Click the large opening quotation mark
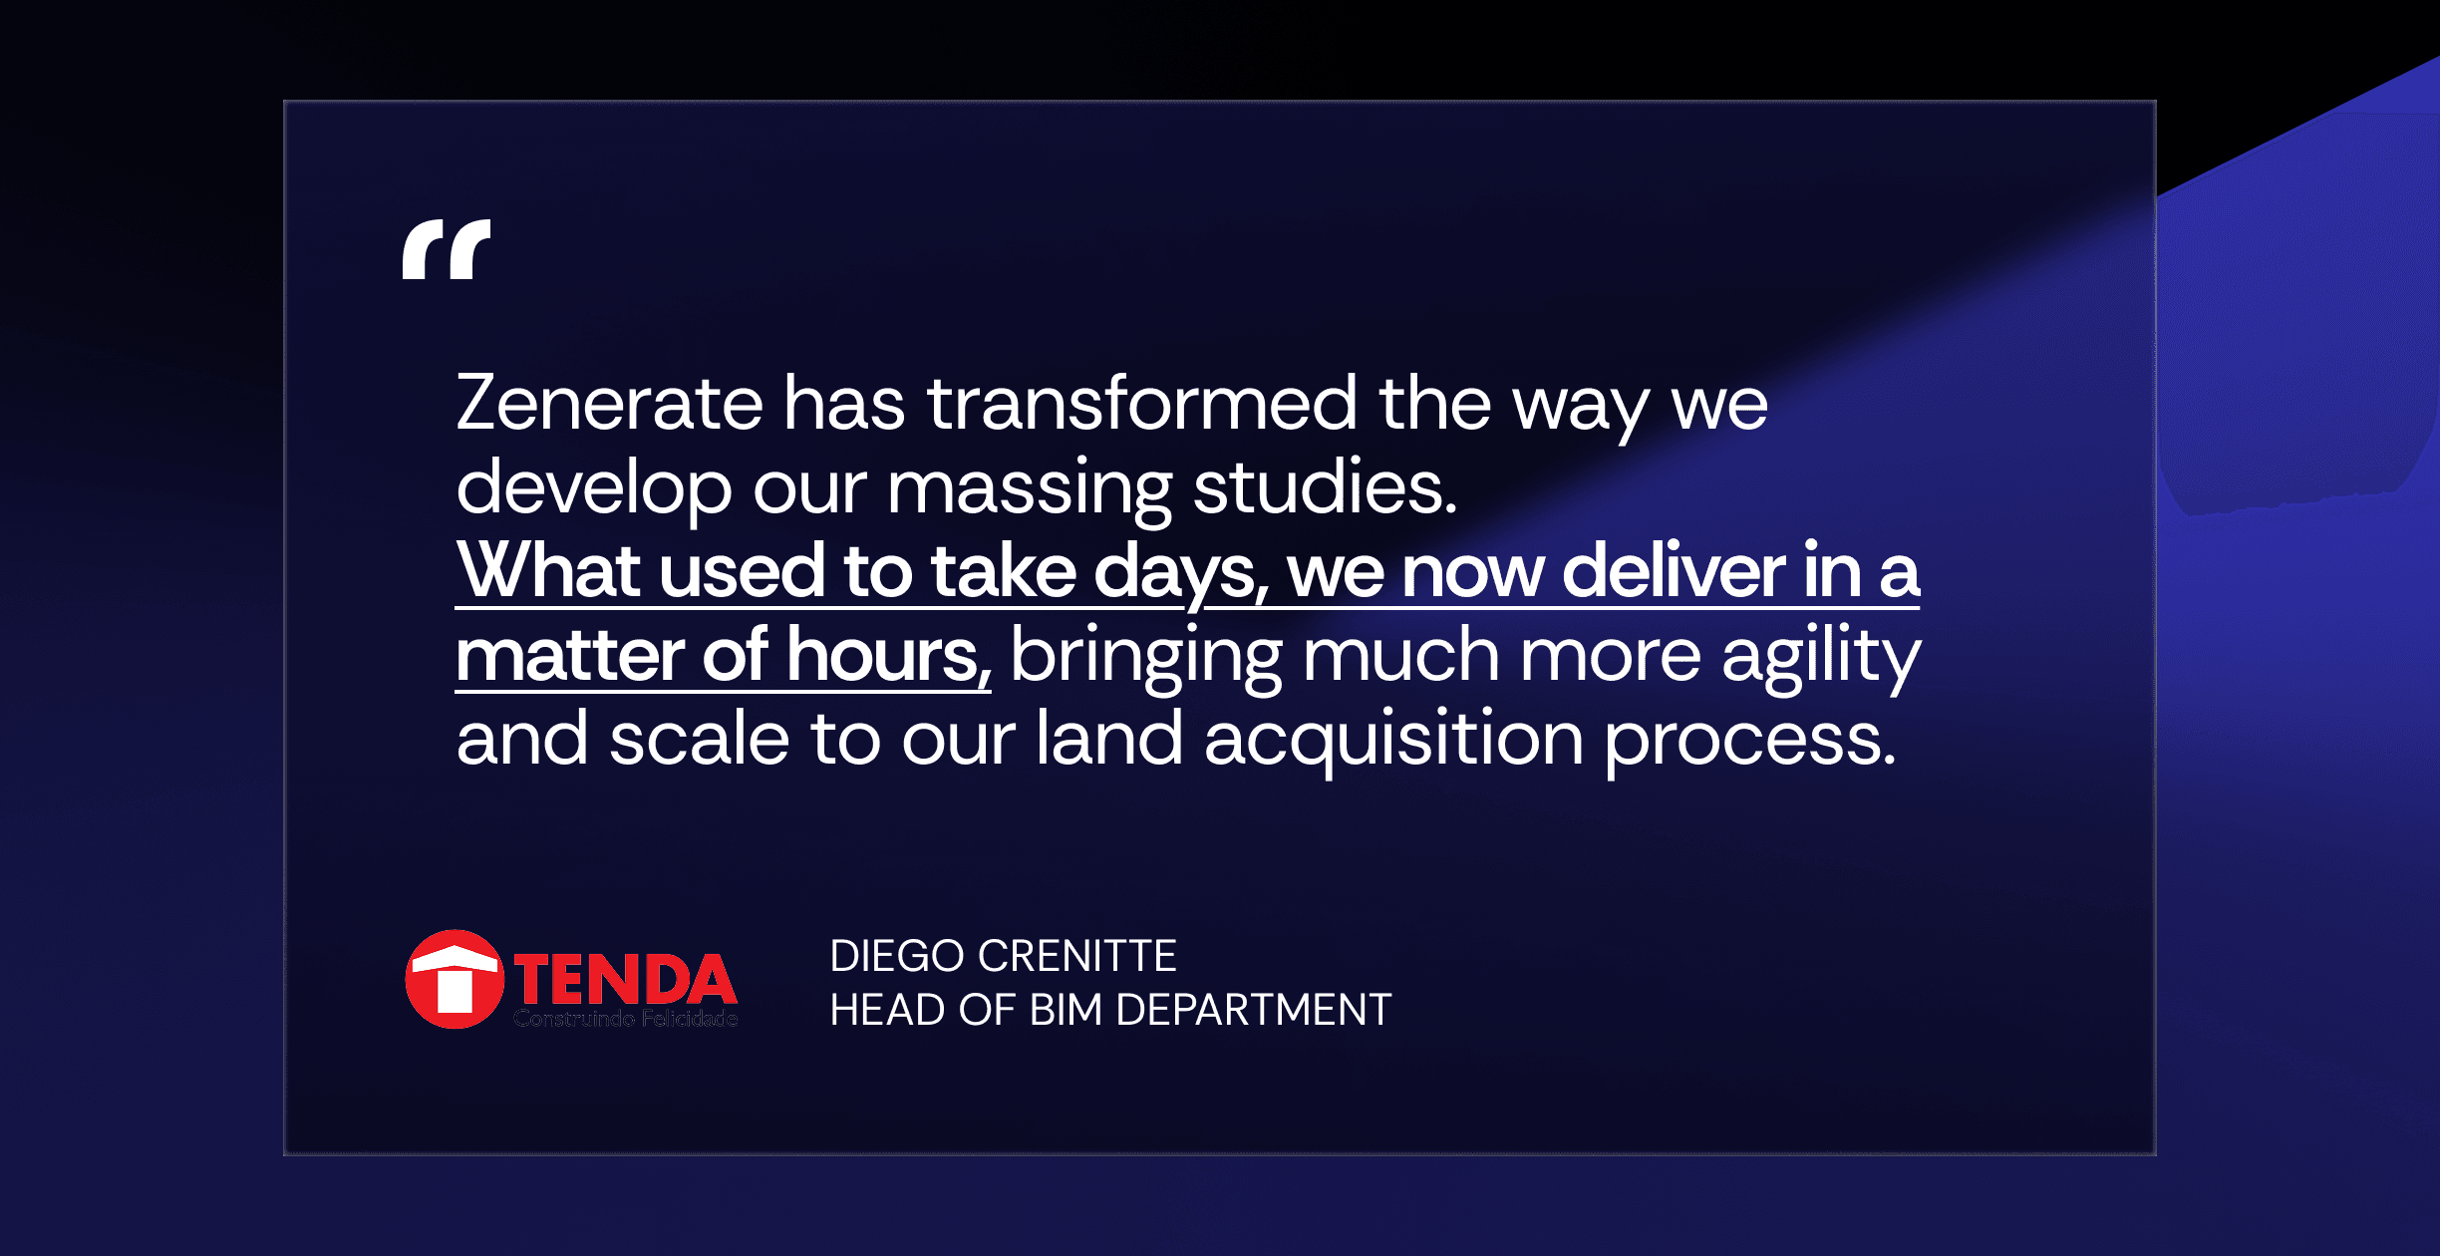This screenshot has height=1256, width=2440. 447,249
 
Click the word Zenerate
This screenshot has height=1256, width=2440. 610,403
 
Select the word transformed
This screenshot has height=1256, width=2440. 1142,403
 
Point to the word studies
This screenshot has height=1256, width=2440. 1326,487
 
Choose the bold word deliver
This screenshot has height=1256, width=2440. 1673,570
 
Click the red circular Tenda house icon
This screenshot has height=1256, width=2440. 455,979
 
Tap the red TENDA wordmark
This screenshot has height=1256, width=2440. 625,979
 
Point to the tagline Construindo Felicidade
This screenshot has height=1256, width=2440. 626,1018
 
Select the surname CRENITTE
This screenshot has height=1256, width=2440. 1077,956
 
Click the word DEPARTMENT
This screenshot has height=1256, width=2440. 1253,1010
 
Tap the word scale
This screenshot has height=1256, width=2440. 700,739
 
